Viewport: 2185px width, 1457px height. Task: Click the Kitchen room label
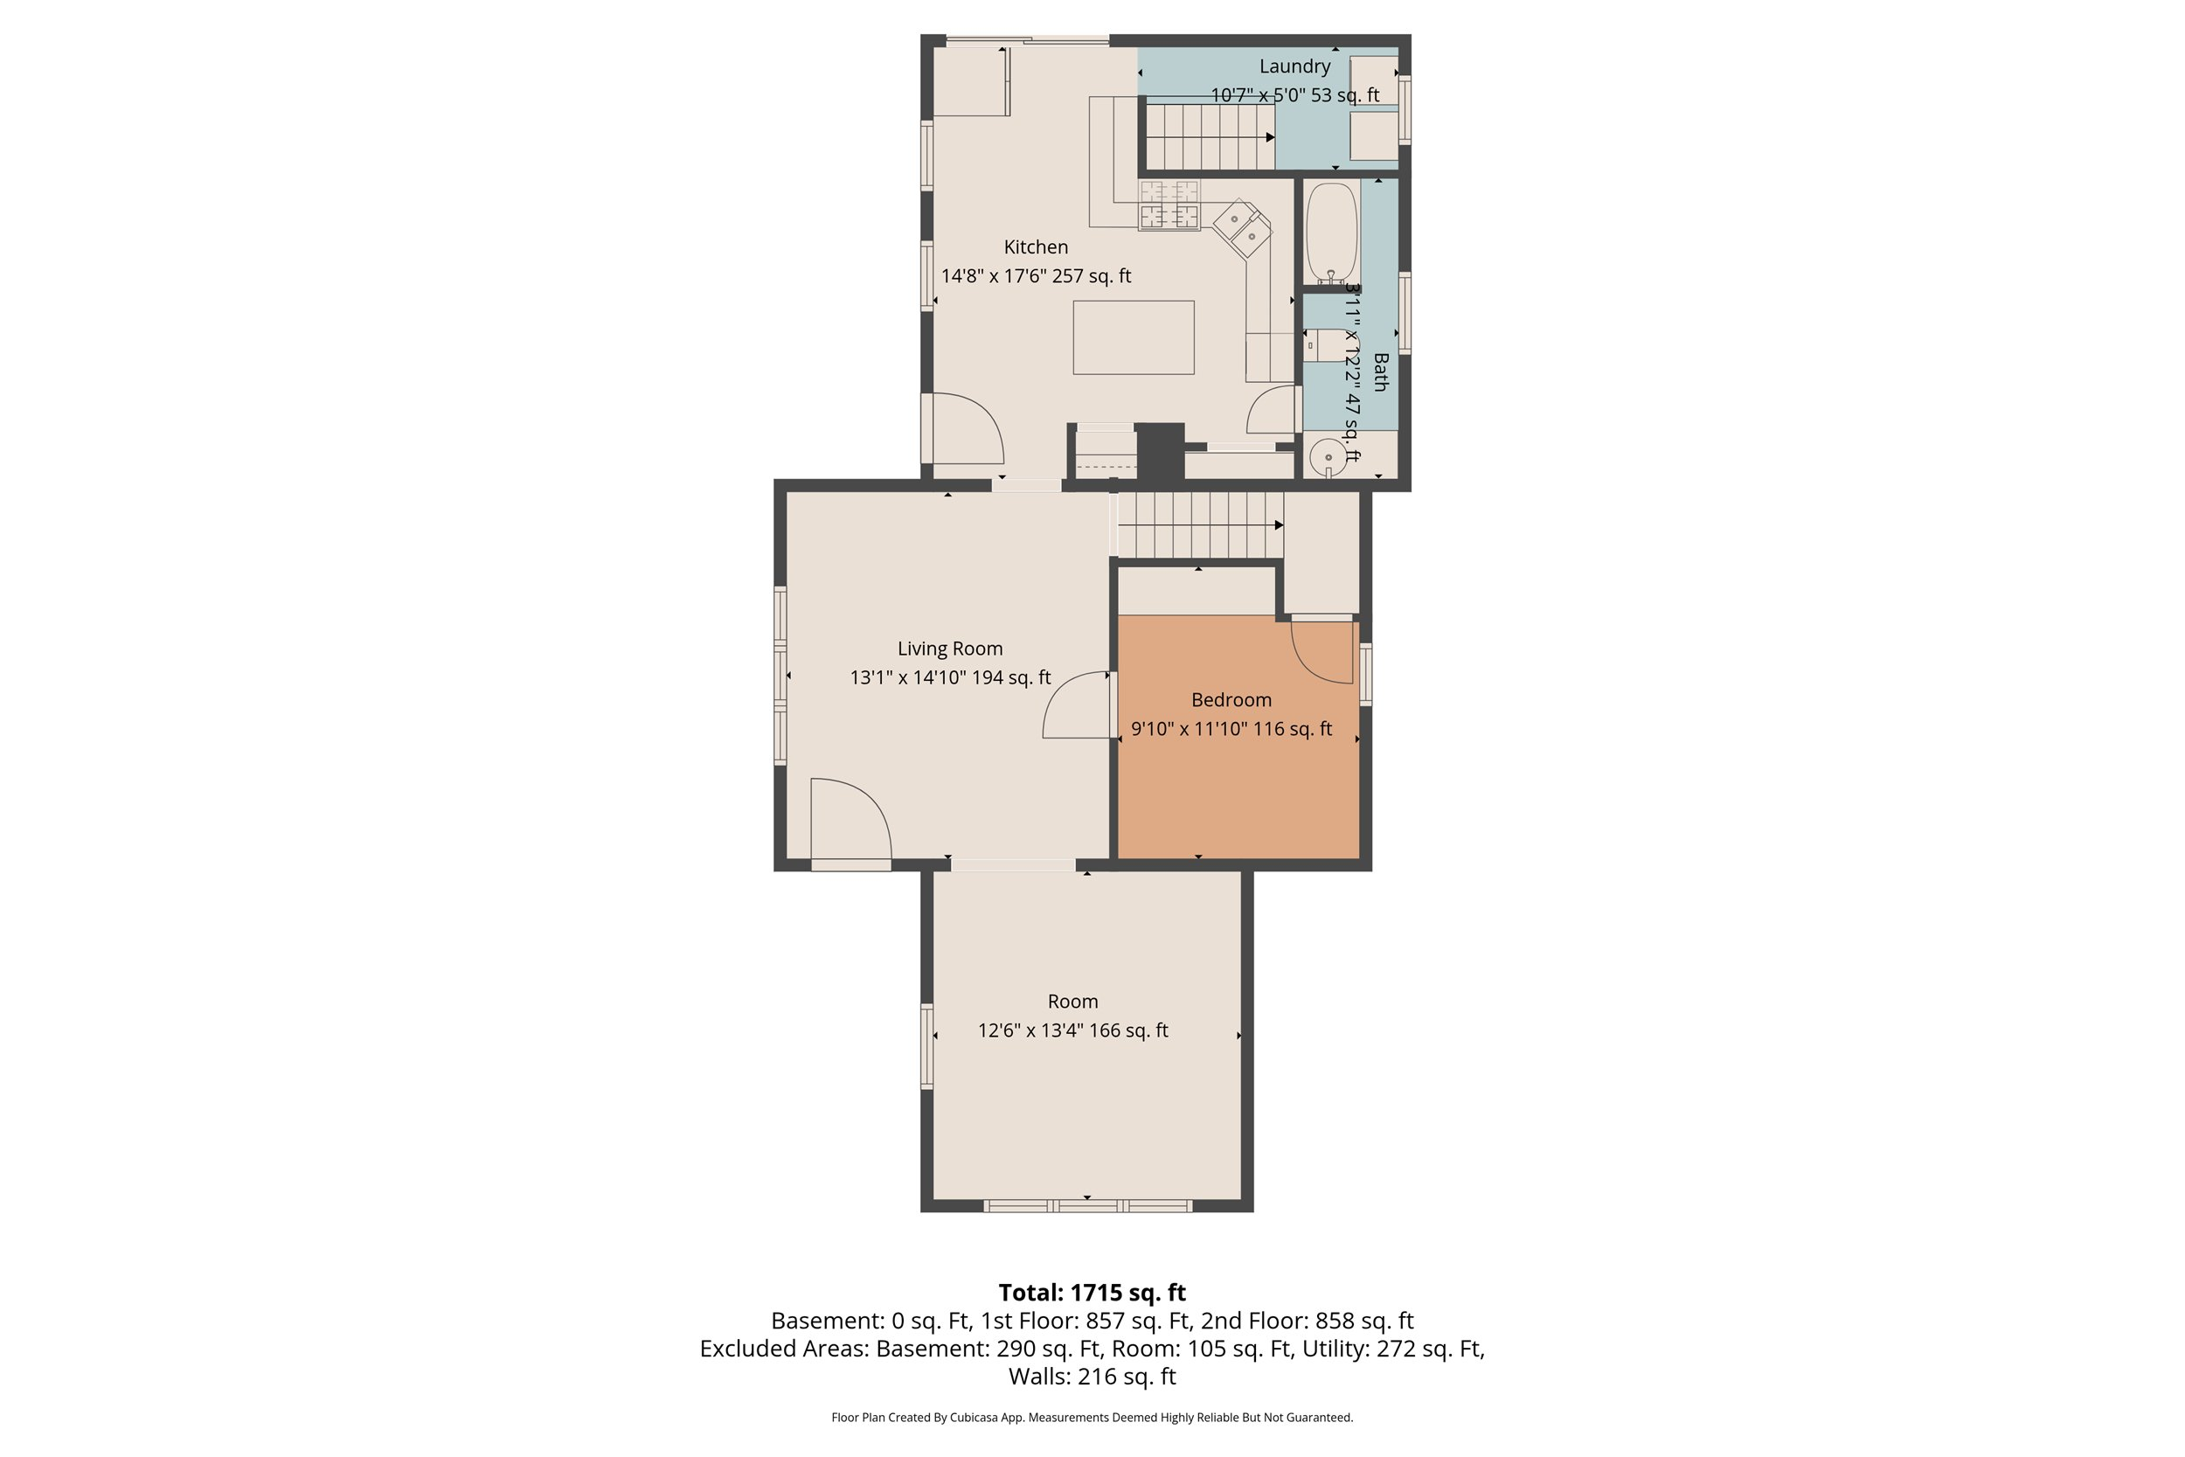point(1035,247)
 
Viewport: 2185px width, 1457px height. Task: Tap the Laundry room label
point(1294,66)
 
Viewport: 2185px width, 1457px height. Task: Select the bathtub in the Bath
point(1330,232)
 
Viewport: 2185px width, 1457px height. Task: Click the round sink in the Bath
point(1328,457)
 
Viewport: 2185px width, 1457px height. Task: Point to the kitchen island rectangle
point(1133,337)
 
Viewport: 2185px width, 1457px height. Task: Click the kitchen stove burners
point(1169,205)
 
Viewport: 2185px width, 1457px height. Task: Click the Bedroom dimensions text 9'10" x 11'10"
point(1230,729)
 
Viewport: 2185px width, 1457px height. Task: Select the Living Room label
point(949,649)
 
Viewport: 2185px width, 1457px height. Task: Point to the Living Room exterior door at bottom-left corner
point(850,822)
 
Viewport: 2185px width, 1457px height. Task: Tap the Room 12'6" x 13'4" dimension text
point(1072,1030)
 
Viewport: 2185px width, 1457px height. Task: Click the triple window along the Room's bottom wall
point(1087,1206)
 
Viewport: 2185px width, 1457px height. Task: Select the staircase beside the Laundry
point(1208,136)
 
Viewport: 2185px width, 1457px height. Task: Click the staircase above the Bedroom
point(1198,525)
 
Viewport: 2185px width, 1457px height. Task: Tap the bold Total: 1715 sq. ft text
point(1092,1293)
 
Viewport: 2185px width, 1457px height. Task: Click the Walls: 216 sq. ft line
point(1092,1377)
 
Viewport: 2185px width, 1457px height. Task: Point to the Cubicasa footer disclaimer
point(1092,1417)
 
